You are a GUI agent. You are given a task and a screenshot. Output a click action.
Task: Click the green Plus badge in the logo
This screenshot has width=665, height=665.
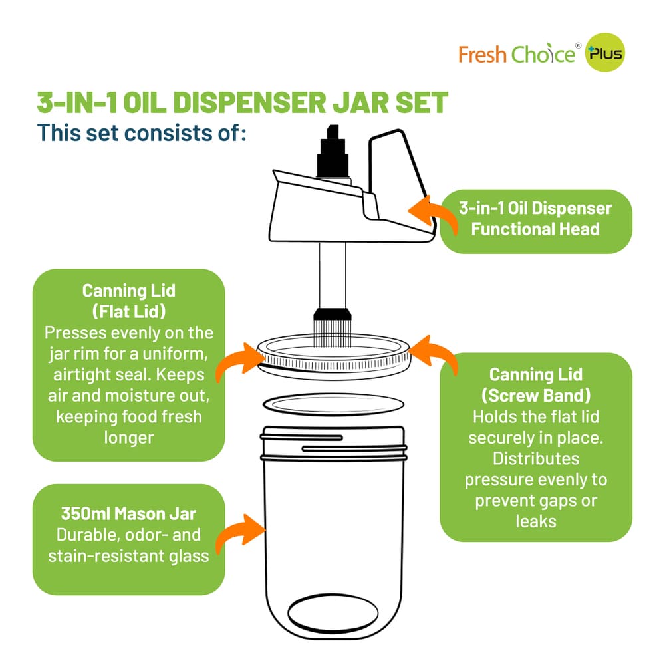click(604, 54)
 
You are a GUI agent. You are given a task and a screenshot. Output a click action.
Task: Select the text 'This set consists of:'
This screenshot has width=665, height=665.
click(142, 132)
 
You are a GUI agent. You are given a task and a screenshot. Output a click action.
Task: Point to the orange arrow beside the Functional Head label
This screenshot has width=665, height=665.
click(432, 217)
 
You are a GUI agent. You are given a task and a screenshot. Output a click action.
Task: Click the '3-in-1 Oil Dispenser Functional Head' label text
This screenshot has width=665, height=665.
click(535, 219)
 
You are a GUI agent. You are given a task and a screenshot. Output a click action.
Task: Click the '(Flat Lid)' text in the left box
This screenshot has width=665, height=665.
click(129, 311)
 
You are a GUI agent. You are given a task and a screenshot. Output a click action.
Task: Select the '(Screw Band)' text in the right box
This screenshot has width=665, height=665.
click(535, 396)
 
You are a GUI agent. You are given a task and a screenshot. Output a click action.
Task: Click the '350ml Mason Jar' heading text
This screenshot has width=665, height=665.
click(128, 514)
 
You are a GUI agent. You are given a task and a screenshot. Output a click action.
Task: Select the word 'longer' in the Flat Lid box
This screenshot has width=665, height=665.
click(129, 438)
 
